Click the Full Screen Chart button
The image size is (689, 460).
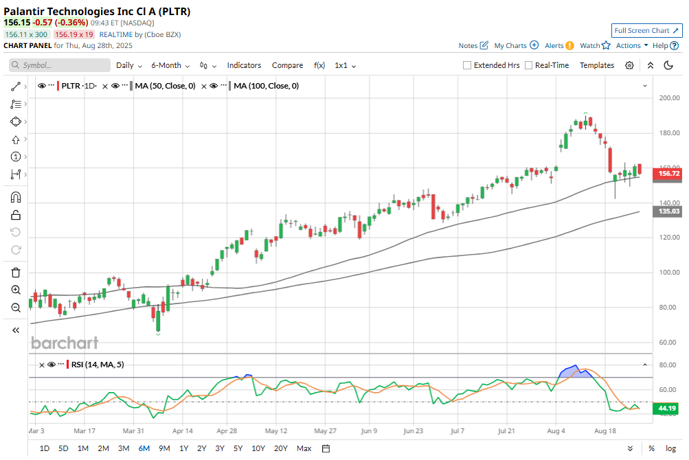point(646,31)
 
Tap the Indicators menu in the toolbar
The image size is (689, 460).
point(244,65)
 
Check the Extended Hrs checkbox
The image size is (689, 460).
point(467,65)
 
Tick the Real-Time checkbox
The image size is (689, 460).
point(528,65)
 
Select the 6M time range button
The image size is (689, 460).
point(144,448)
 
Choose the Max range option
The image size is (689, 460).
point(304,448)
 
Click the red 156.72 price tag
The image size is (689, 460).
point(669,174)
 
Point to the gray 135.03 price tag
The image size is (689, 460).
point(669,212)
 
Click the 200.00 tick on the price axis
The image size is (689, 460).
point(668,98)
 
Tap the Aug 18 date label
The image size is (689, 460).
point(604,431)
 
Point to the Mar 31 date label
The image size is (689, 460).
point(134,431)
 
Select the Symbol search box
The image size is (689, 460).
point(60,65)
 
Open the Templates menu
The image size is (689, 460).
point(596,65)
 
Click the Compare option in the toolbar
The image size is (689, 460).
point(287,65)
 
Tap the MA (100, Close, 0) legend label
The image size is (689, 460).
point(266,86)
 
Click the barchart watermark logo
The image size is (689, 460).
point(65,343)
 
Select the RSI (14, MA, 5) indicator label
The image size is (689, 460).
point(98,365)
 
